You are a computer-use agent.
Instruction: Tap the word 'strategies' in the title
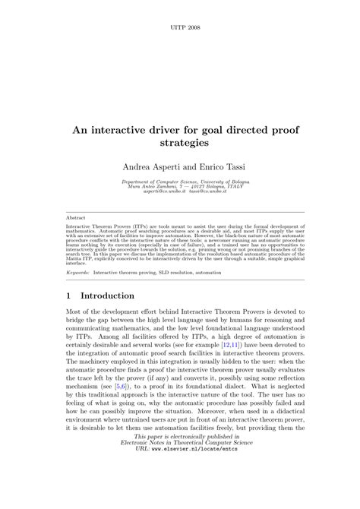point(180,142)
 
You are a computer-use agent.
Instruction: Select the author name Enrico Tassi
point(219,166)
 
